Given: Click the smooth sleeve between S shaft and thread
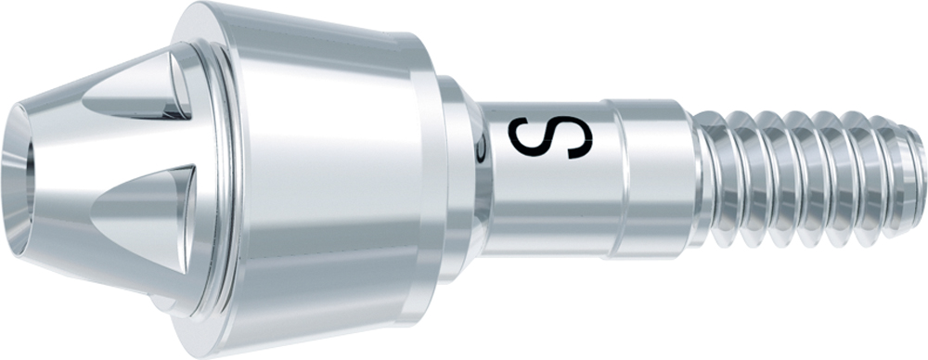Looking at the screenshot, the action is (x=651, y=177).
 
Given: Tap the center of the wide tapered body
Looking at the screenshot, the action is (x=326, y=177).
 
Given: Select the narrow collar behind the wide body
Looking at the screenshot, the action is (x=457, y=177).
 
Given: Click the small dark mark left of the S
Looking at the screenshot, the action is (x=483, y=149).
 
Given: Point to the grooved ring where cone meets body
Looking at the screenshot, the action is (x=220, y=177).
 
